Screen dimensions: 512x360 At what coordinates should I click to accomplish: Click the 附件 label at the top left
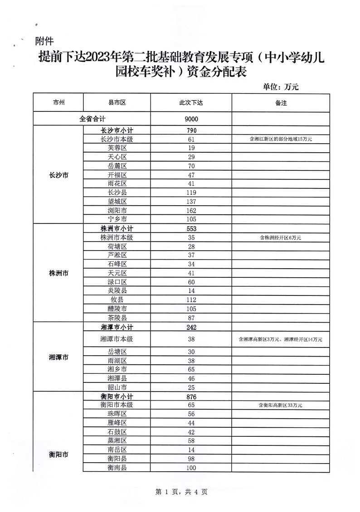(x=44, y=42)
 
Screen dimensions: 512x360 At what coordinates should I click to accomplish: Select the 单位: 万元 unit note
(x=281, y=87)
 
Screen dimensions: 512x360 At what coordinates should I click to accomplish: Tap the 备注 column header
(x=281, y=103)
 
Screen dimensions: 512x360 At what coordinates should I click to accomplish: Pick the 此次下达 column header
(x=191, y=103)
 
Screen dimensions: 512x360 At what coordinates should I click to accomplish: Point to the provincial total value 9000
(x=191, y=119)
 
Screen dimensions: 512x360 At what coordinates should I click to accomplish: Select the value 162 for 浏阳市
(x=191, y=211)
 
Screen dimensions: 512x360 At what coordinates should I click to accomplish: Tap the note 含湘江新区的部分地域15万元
(x=281, y=139)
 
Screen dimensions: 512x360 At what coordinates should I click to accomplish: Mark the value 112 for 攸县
(x=191, y=299)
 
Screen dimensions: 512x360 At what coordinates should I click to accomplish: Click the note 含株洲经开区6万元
(x=281, y=237)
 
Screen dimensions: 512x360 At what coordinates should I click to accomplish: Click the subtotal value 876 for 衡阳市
(x=191, y=396)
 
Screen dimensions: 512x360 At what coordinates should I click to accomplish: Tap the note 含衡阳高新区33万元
(x=281, y=405)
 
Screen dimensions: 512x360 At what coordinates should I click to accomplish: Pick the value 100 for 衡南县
(x=191, y=468)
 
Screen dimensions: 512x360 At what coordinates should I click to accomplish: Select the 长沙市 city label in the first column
(x=58, y=175)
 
